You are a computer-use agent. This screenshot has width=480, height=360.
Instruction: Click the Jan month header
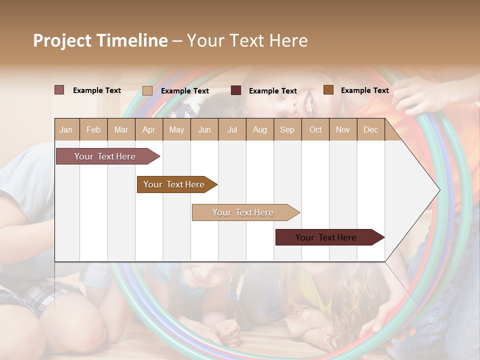[66, 129]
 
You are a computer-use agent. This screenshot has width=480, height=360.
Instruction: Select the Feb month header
[93, 129]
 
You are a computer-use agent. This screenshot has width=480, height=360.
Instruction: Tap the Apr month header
[148, 129]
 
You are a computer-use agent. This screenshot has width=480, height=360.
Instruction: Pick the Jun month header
[204, 129]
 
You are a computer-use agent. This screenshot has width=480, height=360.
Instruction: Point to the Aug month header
[259, 129]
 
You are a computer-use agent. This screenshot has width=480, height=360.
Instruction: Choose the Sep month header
[287, 129]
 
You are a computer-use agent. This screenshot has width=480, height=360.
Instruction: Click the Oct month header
[315, 129]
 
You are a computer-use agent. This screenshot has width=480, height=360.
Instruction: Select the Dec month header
[370, 129]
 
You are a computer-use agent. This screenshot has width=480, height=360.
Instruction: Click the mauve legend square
[59, 90]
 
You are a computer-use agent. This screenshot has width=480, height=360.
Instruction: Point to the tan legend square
[147, 90]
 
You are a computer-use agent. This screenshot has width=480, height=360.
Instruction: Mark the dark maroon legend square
[236, 90]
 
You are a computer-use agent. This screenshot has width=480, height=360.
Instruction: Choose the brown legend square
[328, 90]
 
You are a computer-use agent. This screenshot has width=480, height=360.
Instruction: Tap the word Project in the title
[62, 40]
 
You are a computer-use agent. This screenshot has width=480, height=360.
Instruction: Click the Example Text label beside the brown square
[364, 90]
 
